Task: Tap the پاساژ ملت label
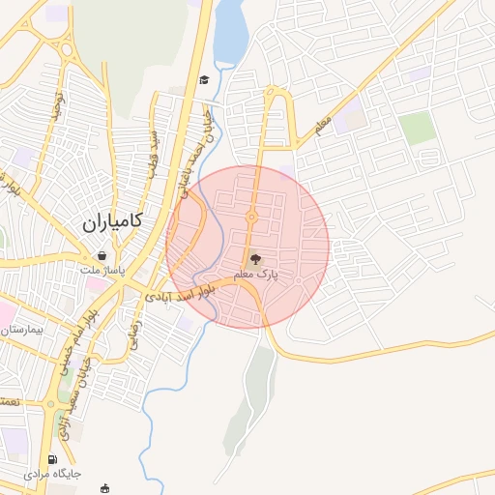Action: pos(102,270)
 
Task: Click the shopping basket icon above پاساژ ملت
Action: pos(102,255)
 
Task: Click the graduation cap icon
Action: pos(204,80)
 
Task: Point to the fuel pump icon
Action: pos(52,459)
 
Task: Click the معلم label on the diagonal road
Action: pos(323,124)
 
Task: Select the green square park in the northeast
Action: pos(418,128)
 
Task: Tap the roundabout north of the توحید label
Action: pos(67,50)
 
